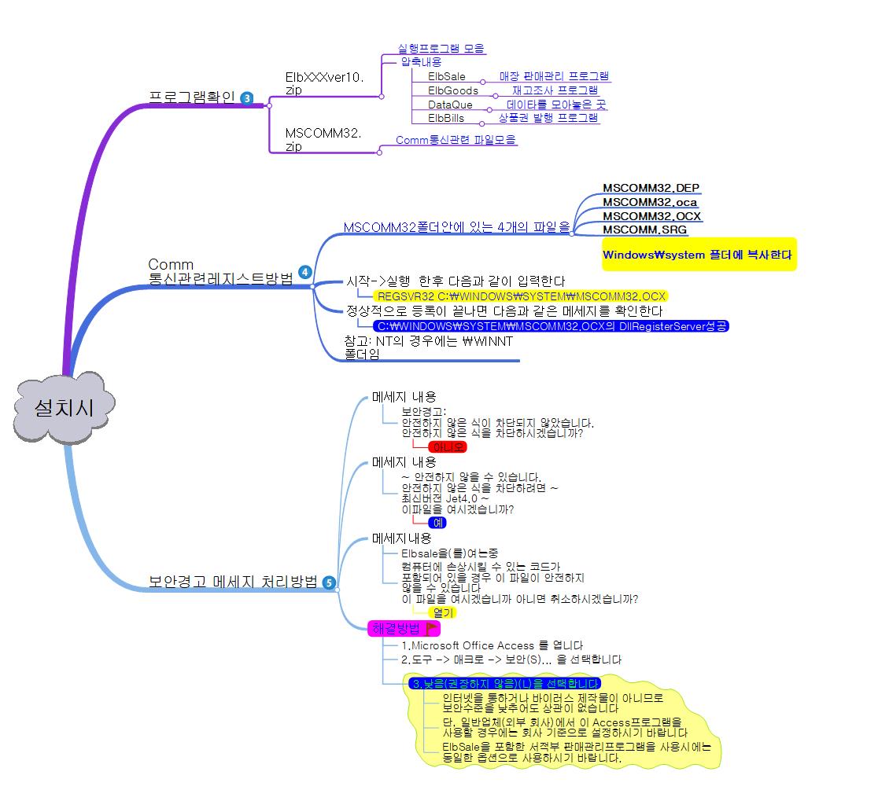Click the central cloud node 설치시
click(64, 408)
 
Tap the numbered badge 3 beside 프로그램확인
click(247, 98)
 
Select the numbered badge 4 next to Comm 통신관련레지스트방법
click(305, 273)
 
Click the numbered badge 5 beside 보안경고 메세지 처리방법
click(329, 582)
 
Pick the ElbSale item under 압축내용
click(446, 76)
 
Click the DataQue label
click(450, 105)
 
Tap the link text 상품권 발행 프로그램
click(548, 119)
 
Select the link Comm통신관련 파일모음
click(456, 140)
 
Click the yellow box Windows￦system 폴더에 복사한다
click(699, 255)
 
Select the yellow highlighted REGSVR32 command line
click(522, 296)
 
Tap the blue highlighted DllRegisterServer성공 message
click(552, 325)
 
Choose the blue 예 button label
click(437, 523)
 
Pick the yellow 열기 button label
click(443, 612)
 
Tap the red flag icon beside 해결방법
click(432, 628)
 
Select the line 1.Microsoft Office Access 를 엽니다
click(492, 645)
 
